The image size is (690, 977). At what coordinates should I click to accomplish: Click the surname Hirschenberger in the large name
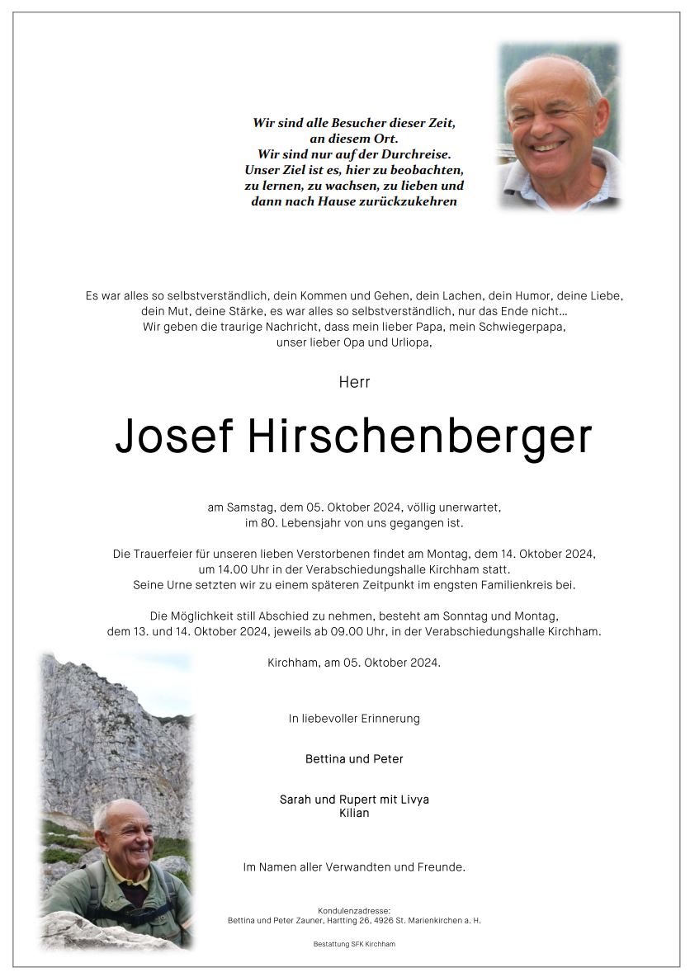[x=419, y=438]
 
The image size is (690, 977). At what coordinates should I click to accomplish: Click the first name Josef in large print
[x=174, y=438]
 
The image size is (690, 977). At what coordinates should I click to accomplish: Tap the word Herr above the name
[x=354, y=382]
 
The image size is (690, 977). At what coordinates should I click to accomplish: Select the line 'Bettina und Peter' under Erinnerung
[x=354, y=758]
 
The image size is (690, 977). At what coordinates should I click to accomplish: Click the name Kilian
[x=354, y=813]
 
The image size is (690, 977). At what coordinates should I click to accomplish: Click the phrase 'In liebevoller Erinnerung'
[x=354, y=719]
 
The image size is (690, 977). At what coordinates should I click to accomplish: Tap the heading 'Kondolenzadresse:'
[x=354, y=910]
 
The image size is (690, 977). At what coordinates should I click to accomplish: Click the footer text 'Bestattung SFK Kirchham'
[x=354, y=944]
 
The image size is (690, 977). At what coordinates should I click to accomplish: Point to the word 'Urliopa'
[x=409, y=342]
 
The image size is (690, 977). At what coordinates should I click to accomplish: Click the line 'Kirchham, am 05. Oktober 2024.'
[x=354, y=663]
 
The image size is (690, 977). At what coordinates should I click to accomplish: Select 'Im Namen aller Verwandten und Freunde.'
[x=354, y=867]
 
